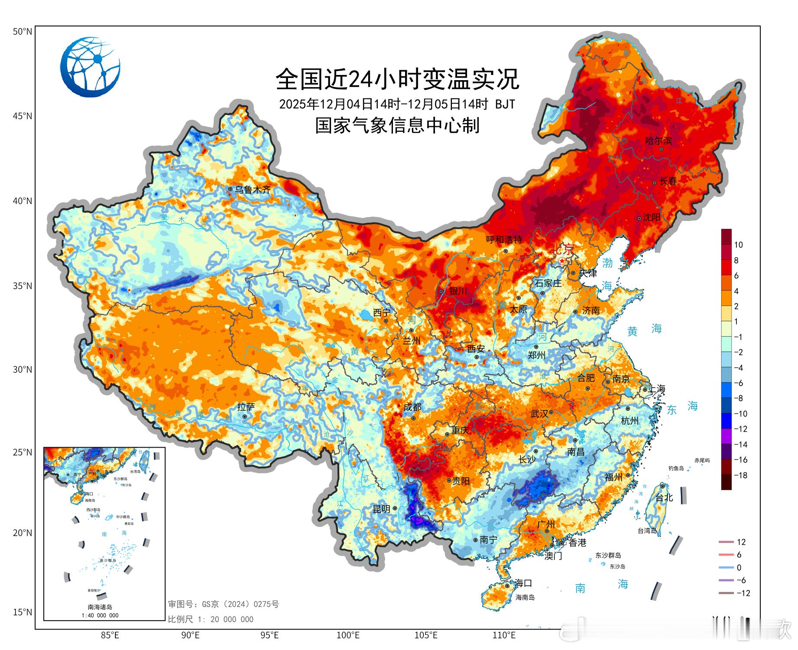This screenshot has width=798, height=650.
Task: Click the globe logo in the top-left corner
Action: tap(90, 67)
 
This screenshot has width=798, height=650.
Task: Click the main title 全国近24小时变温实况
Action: tap(397, 79)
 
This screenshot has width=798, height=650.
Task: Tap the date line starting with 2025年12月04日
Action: tap(397, 104)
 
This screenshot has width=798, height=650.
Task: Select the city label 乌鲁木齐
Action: tap(252, 189)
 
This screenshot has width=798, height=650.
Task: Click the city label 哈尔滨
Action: tap(658, 141)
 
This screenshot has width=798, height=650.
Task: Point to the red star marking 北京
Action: tap(562, 261)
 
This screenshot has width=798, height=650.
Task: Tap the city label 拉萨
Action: tap(246, 407)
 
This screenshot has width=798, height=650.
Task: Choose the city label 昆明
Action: tap(382, 509)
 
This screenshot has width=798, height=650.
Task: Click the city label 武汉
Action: tap(539, 414)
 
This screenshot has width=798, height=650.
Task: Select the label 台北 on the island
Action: tap(664, 497)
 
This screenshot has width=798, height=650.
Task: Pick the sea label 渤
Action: tap(607, 263)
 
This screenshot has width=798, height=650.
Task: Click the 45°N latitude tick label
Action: tap(23, 116)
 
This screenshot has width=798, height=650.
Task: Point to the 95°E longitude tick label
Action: tap(269, 635)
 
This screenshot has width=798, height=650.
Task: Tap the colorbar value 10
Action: tap(739, 245)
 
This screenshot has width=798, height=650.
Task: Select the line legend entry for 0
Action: tap(739, 568)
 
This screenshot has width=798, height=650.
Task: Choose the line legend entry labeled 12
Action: tap(741, 542)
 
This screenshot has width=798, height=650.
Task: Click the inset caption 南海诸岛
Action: tap(100, 607)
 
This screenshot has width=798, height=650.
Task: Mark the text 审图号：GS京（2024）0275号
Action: tap(223, 604)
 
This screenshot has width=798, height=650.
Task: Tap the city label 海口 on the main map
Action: tap(523, 583)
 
